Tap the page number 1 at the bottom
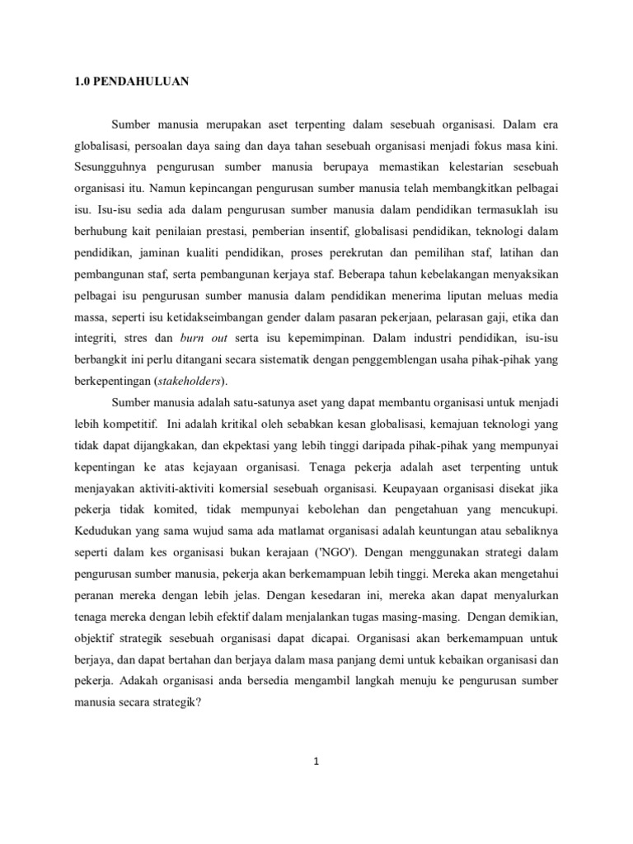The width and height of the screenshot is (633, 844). click(316, 761)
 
